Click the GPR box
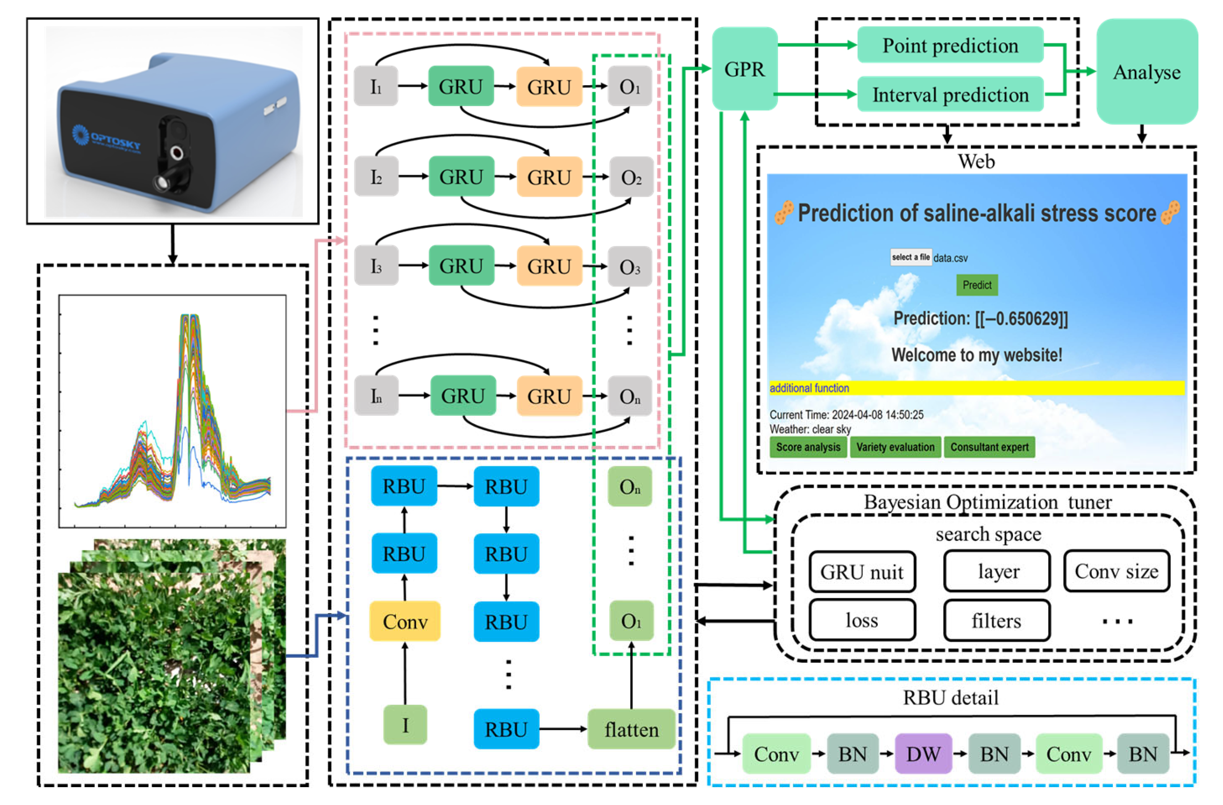744,69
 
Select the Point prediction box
950,45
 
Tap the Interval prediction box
950,95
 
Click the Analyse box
1146,72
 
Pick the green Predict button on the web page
976,285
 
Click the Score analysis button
808,447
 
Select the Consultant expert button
989,447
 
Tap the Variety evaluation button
895,447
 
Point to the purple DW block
923,754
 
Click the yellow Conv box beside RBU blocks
405,622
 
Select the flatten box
631,729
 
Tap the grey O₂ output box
631,177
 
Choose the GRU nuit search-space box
862,572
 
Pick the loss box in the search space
862,620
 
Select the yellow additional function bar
976,388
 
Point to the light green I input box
405,725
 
